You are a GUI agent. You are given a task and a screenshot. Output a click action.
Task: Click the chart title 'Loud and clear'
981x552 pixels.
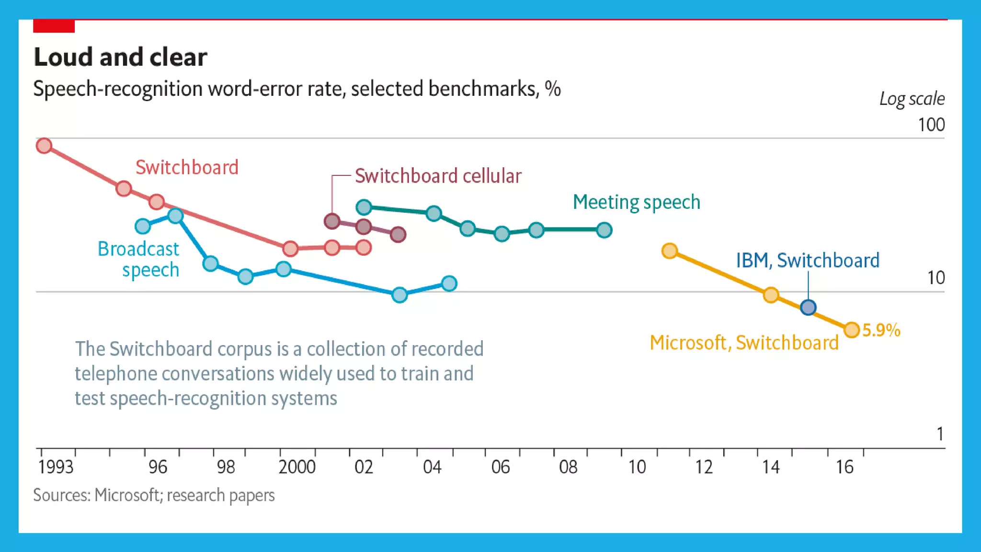click(x=120, y=57)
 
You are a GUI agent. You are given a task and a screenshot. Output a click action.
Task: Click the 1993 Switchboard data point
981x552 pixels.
click(x=44, y=146)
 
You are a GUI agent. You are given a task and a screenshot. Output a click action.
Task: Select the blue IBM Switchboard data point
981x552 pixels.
click(x=808, y=307)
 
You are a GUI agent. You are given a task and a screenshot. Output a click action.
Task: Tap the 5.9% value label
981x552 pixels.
click(x=881, y=330)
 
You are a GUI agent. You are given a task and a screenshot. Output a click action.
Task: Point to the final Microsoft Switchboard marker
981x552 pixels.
click(x=852, y=330)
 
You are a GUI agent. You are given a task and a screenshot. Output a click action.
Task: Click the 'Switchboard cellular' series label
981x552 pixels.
click(x=438, y=176)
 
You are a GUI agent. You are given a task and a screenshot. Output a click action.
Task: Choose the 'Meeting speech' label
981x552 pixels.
click(x=637, y=202)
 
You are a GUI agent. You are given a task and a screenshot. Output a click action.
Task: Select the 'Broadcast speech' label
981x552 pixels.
click(x=139, y=259)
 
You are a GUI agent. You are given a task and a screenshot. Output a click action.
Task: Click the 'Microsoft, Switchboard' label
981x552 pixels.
click(x=744, y=343)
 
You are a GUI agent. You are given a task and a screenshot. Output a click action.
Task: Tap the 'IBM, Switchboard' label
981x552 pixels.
click(x=808, y=261)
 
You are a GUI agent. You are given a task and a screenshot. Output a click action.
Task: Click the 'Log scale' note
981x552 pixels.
click(x=912, y=99)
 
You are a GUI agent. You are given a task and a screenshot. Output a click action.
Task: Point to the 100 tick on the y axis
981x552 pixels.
click(x=931, y=125)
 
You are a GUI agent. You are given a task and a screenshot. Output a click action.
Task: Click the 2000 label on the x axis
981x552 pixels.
click(x=297, y=467)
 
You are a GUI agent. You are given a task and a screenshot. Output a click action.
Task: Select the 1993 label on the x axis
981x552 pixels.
click(x=56, y=467)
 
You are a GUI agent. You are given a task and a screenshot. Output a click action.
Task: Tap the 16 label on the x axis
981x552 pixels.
click(x=844, y=467)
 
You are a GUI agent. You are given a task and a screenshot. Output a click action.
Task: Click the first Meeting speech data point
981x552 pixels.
click(x=364, y=207)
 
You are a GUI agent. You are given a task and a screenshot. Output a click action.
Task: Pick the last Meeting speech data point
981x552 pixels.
click(x=605, y=230)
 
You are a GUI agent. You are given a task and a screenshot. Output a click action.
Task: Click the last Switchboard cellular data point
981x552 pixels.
click(x=398, y=234)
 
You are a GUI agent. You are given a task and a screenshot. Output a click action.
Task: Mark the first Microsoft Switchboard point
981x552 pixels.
click(x=670, y=251)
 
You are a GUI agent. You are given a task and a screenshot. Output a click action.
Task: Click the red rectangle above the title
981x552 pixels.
click(x=54, y=26)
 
